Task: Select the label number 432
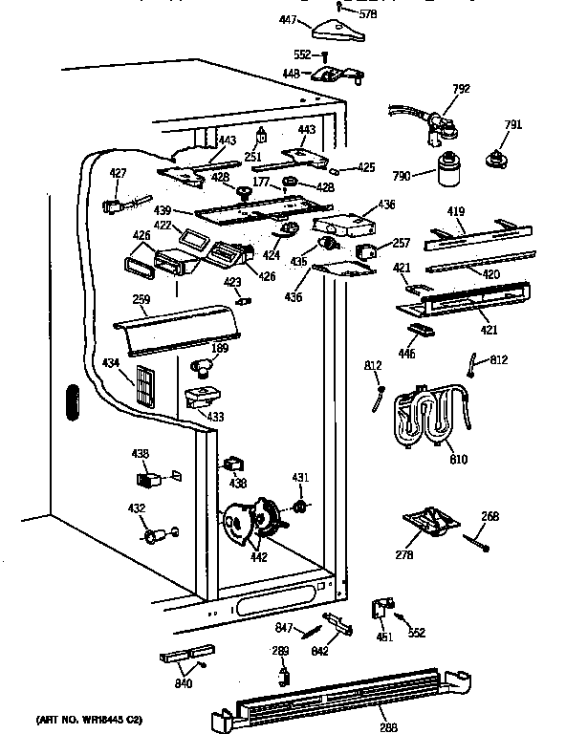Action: tap(137, 508)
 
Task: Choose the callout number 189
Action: tap(219, 350)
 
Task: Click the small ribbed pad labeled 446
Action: tap(418, 330)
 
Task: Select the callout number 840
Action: tap(182, 683)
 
